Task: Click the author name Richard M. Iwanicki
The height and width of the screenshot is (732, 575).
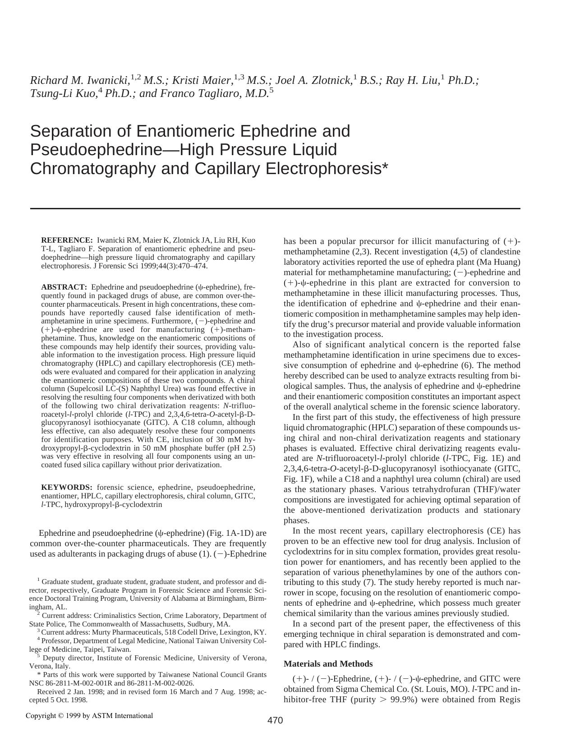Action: click(79, 81)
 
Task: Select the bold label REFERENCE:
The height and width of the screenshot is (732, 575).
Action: click(67, 240)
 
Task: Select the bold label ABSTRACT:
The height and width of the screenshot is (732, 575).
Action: click(64, 287)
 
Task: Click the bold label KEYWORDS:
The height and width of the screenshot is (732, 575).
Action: click(67, 488)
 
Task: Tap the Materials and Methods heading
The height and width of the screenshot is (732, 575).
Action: click(328, 664)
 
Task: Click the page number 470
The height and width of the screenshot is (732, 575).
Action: click(275, 720)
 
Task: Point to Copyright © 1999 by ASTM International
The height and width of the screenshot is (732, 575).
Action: click(89, 715)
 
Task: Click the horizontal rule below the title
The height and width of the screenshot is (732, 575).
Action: click(275, 209)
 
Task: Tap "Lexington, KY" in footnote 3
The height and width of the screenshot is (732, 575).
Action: click(246, 632)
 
